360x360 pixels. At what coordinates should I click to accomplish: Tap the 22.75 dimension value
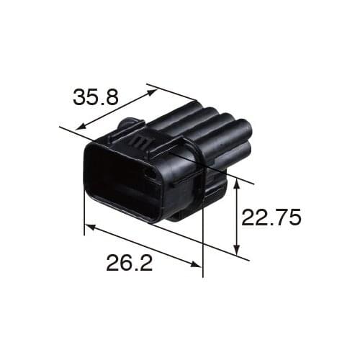[x=270, y=217]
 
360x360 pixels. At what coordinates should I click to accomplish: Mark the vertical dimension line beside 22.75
[x=237, y=216]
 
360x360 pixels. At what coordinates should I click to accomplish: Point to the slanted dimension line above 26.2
[x=144, y=246]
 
